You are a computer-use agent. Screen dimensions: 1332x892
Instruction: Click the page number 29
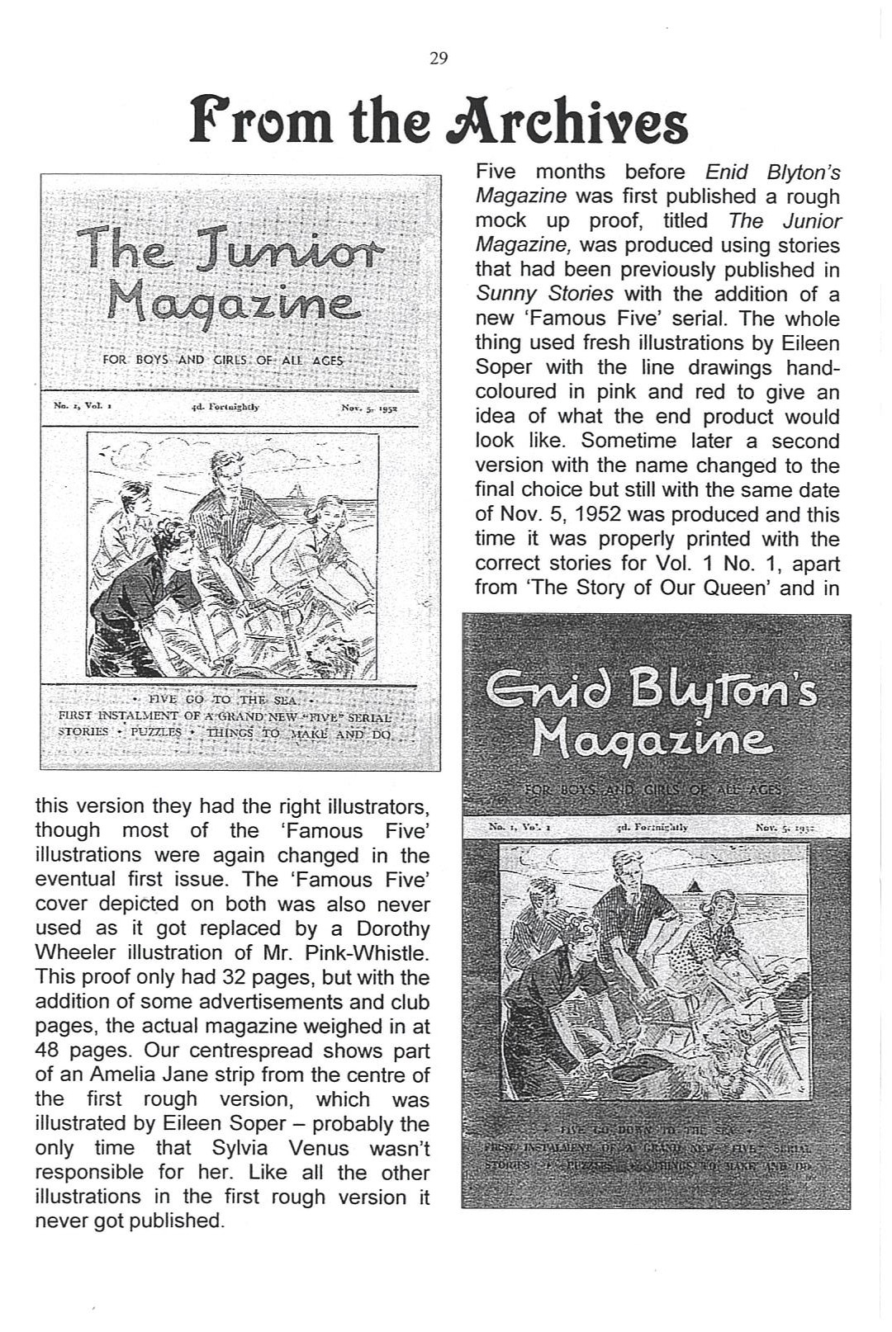439,58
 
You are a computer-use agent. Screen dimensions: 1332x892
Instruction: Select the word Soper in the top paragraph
504,367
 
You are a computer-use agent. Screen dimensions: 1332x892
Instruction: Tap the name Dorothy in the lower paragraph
393,928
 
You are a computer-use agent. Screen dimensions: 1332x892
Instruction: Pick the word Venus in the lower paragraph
319,1149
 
